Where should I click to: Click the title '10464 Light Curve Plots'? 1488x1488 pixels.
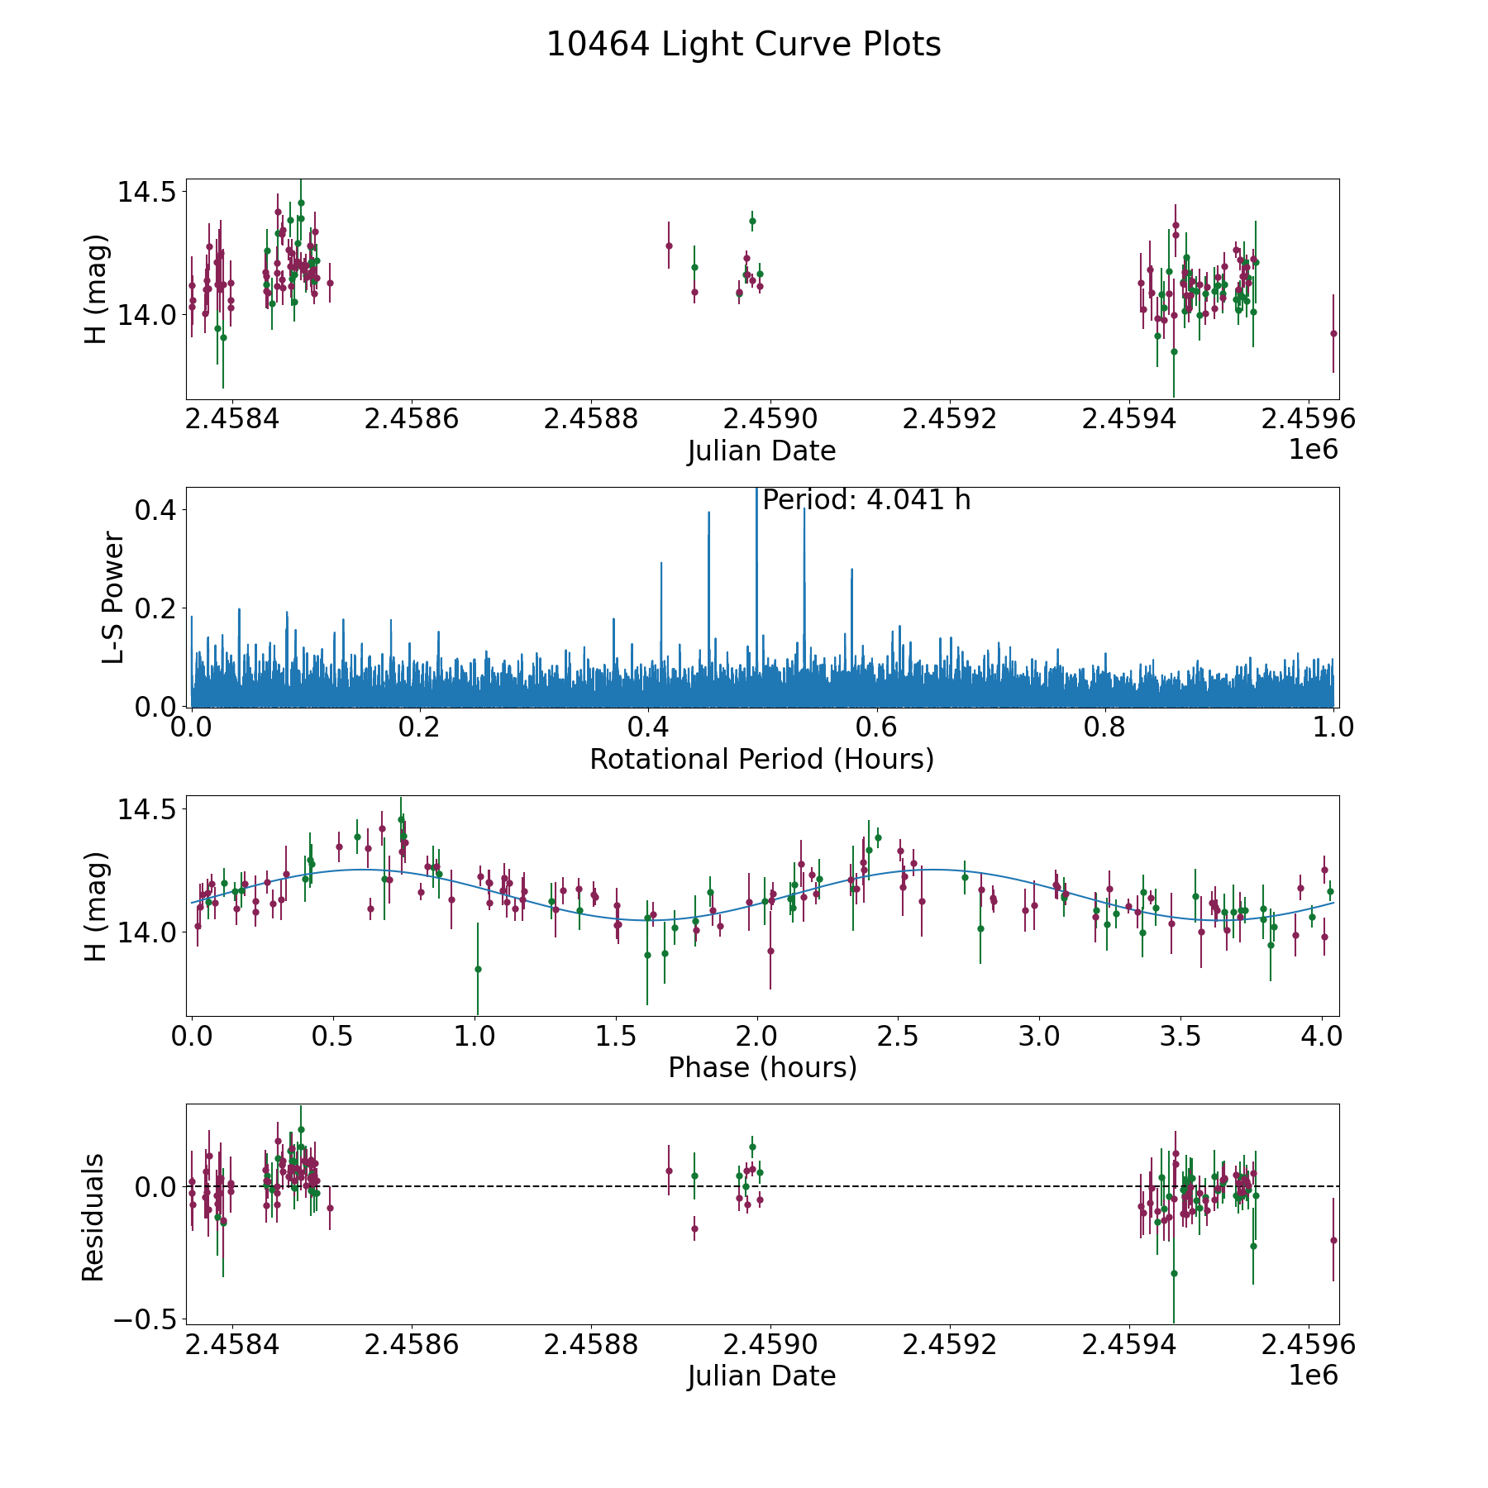tap(743, 45)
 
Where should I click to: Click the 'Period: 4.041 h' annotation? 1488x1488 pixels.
tap(866, 500)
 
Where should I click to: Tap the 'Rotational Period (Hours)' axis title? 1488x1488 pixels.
tap(761, 759)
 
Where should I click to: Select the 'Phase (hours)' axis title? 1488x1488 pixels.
tap(761, 1067)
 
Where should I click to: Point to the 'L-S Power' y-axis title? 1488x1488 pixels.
tap(113, 597)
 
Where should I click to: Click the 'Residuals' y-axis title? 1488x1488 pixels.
tap(93, 1217)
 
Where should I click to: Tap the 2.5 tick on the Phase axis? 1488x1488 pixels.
tap(900, 1037)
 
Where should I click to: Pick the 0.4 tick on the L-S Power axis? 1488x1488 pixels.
tap(155, 510)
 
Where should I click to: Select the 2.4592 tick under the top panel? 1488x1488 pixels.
tap(949, 419)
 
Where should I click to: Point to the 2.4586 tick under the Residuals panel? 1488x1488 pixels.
tap(411, 1345)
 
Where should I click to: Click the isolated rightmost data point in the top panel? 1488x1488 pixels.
tap(1333, 333)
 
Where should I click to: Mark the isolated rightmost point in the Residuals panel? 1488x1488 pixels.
tap(1333, 1240)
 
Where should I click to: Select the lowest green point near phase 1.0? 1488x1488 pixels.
tap(478, 969)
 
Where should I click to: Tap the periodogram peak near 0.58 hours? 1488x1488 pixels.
tap(851, 570)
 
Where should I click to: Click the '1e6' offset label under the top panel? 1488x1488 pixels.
tap(1313, 451)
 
